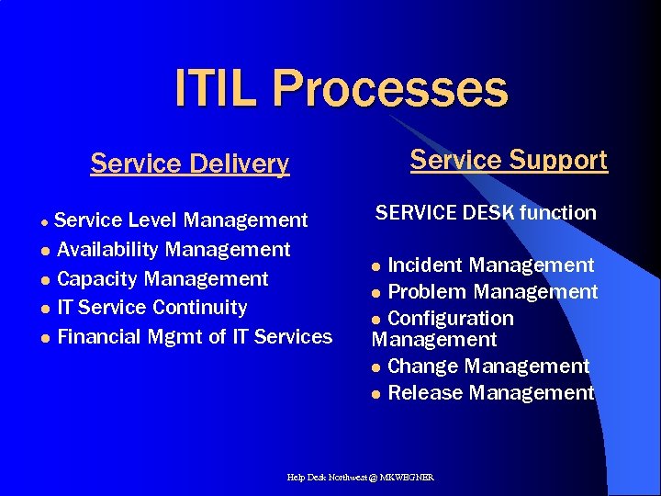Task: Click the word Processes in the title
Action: tap(389, 89)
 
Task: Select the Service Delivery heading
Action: tap(189, 163)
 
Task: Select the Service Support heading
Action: tap(509, 160)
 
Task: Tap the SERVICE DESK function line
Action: tap(486, 213)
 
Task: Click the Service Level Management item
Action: tap(181, 220)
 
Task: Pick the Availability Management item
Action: tap(174, 250)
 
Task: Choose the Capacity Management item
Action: tap(162, 279)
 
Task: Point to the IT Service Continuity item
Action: tap(152, 308)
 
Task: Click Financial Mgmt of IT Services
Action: tap(195, 337)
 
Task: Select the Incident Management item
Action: tap(491, 265)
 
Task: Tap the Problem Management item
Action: tap(493, 292)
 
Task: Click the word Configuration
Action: tap(451, 319)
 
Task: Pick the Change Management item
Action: tap(488, 366)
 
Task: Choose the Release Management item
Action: tap(491, 393)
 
